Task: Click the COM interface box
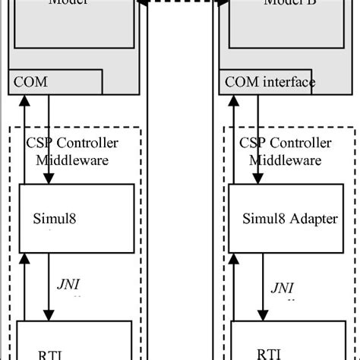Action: (267, 82)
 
